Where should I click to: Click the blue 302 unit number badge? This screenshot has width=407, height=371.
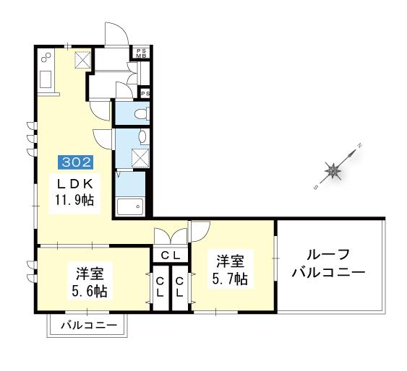click(76, 162)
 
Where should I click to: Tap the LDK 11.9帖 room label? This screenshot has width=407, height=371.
click(74, 192)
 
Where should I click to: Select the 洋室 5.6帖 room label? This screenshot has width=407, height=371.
click(90, 282)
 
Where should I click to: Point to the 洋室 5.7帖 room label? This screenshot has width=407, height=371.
click(230, 270)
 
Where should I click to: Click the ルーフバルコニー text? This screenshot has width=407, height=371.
click(329, 264)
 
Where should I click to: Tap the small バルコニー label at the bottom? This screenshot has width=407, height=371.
click(89, 325)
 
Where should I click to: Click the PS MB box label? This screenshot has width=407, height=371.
click(142, 53)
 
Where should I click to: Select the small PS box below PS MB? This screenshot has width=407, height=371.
click(145, 94)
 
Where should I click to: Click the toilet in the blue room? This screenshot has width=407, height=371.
click(142, 114)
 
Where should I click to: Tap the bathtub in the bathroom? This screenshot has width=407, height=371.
click(130, 206)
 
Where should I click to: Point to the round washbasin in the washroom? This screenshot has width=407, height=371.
click(142, 137)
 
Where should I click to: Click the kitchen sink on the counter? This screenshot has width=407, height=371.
click(46, 79)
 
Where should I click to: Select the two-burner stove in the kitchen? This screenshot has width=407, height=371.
click(46, 57)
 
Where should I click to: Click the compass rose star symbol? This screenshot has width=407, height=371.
click(333, 171)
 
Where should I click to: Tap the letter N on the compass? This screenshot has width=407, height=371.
click(360, 146)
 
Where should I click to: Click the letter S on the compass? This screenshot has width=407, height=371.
click(316, 188)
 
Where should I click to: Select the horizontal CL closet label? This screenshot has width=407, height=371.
click(171, 256)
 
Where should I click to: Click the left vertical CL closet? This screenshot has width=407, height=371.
click(160, 287)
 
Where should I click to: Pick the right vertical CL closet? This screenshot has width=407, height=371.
click(179, 287)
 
